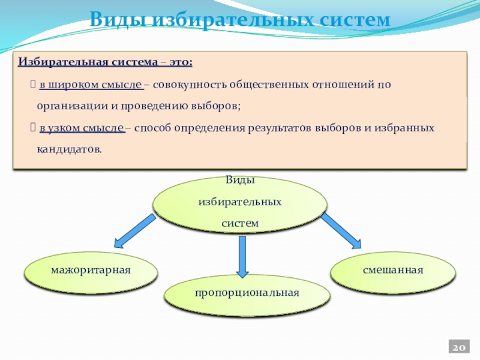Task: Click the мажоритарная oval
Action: tap(91, 270)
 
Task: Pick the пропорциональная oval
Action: tap(247, 293)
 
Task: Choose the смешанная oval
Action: tap(393, 270)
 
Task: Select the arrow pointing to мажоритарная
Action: tap(133, 231)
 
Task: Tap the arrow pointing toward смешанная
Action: tap(340, 230)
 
